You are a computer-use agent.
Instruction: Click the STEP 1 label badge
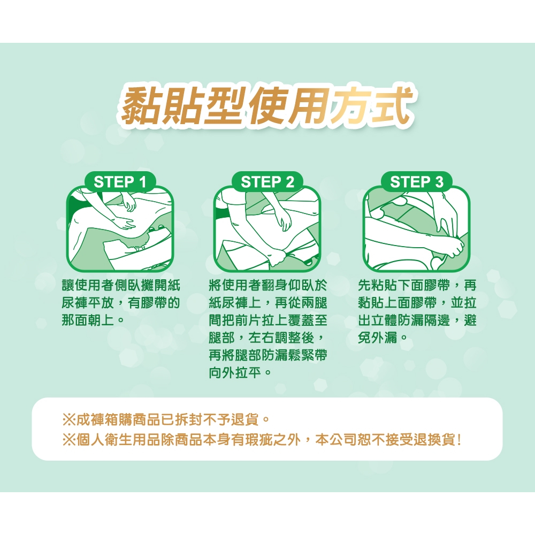click(120, 182)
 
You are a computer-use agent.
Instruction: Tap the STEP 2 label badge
click(267, 182)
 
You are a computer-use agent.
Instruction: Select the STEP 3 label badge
click(417, 182)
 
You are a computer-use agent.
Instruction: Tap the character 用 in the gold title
click(309, 105)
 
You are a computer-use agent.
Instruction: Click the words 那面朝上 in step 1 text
click(88, 320)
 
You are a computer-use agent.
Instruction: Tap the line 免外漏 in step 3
click(378, 338)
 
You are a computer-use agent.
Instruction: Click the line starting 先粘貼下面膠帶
click(417, 285)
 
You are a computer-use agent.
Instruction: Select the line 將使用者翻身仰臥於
click(268, 285)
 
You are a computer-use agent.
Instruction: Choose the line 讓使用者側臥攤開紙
click(121, 285)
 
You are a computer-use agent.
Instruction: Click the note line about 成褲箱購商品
click(167, 419)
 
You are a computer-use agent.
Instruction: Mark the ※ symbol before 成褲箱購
click(69, 419)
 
